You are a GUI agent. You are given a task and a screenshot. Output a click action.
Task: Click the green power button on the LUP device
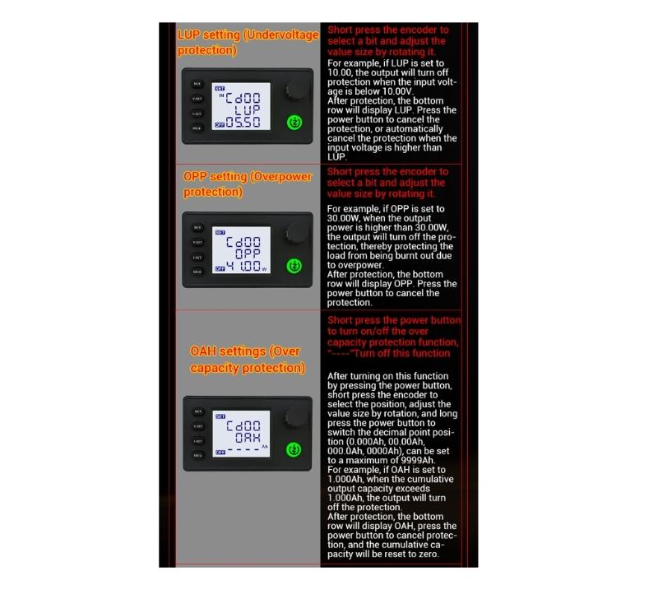click(295, 123)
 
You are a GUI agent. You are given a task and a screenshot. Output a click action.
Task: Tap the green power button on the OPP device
click(295, 267)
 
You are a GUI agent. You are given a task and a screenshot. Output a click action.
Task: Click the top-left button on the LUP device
click(197, 84)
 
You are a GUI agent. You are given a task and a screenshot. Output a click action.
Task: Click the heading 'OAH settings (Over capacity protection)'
click(248, 360)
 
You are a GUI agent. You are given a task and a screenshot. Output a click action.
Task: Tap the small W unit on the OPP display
click(264, 268)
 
